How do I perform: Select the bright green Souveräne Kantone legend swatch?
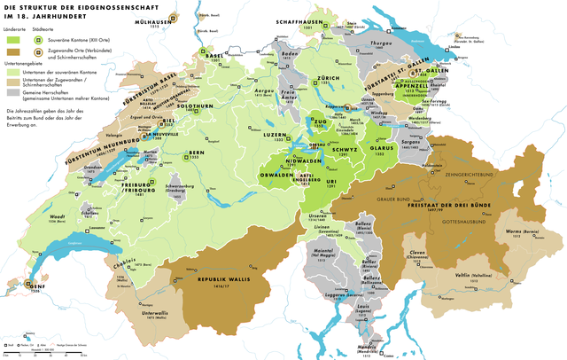point(12,41)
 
